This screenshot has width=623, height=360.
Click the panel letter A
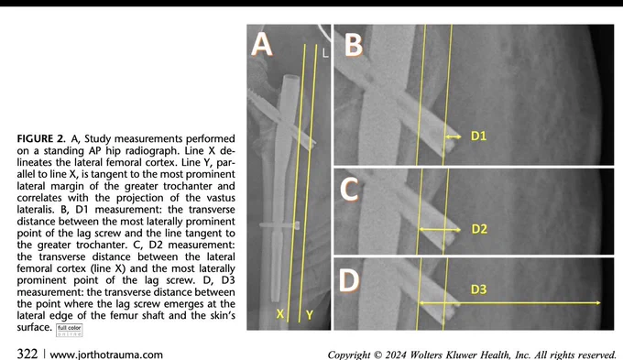pos(262,44)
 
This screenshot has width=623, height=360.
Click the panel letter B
pos(354,44)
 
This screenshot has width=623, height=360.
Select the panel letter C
pos(350,189)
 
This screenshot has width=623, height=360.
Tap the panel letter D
pos(349,280)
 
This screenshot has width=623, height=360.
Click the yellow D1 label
pos(478,136)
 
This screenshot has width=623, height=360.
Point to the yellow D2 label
pos(479,229)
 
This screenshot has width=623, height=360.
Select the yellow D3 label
pos(478,289)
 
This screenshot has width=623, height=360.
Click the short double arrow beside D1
pos(453,136)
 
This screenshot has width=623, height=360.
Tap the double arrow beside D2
pos(440,230)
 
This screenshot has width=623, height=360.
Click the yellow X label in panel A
pos(280,314)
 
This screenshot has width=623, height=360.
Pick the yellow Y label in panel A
pos(310,315)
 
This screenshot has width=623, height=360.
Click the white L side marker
pos(325,53)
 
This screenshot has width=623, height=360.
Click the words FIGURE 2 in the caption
pos(41,138)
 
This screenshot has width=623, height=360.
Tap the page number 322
pos(27,354)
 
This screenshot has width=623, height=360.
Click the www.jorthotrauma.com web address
pos(106,355)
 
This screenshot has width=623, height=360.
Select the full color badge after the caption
pos(70,330)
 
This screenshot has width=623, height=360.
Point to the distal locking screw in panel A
pos(279,225)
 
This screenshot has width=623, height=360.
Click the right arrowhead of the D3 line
pos(598,303)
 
